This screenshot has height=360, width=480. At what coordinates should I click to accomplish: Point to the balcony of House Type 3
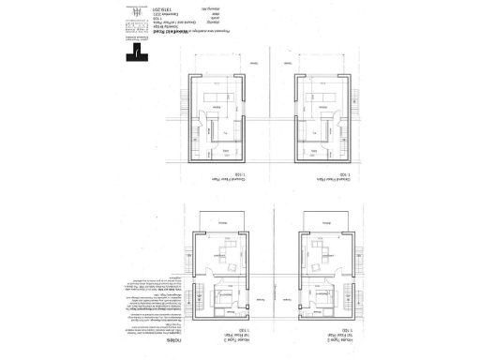point(221,219)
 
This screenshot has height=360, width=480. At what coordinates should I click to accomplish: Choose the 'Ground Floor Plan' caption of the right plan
point(322,175)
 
